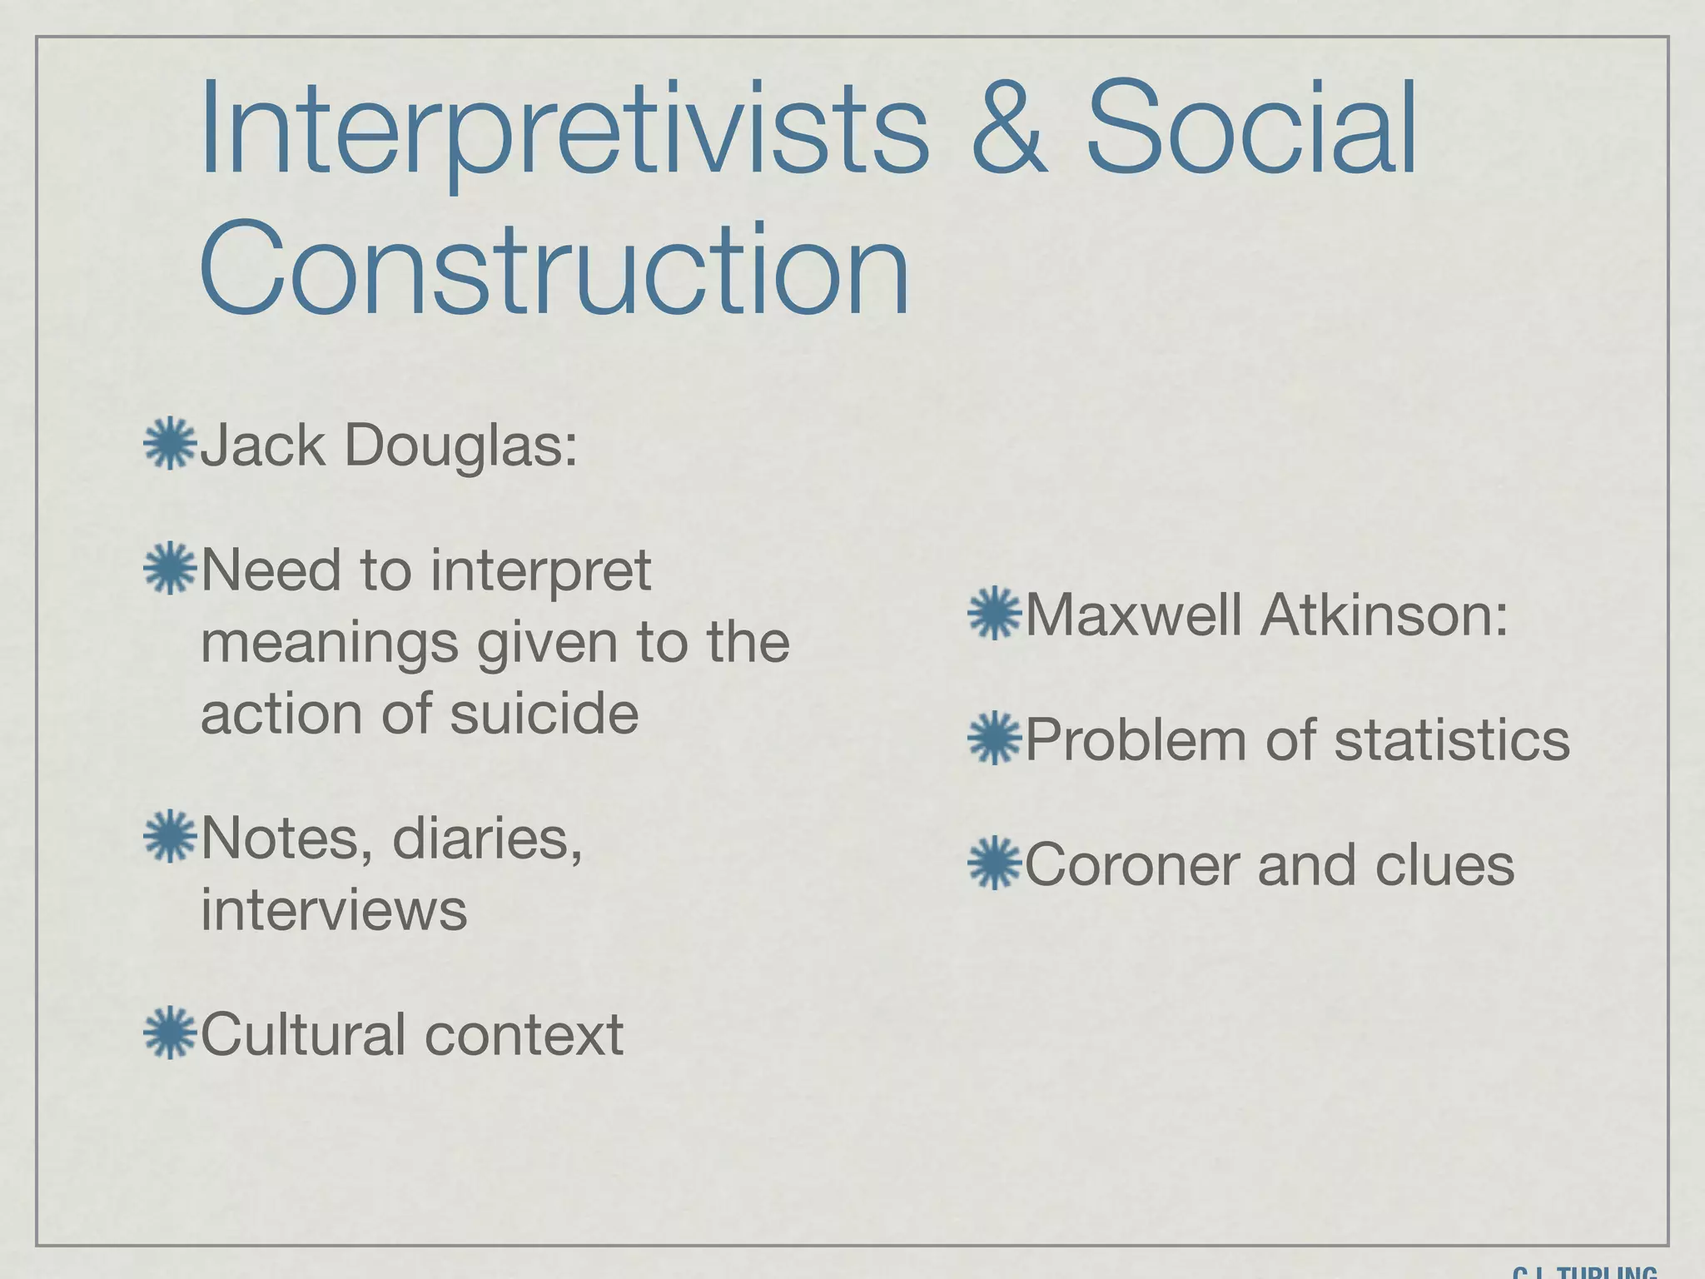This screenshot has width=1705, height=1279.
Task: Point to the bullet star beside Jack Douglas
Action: (169, 444)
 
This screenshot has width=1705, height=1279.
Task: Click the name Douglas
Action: (460, 445)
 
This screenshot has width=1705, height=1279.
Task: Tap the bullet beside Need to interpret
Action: (169, 569)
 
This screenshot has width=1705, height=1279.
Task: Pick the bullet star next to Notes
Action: (169, 836)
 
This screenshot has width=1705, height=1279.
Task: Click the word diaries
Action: (486, 839)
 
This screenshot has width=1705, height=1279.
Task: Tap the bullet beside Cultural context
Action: (169, 1033)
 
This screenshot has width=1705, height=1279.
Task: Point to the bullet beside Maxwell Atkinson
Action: (994, 615)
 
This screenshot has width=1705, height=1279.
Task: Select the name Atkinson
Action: (1384, 615)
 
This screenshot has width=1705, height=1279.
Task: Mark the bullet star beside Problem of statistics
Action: (994, 739)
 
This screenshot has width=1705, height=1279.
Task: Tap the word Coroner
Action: (1133, 865)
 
